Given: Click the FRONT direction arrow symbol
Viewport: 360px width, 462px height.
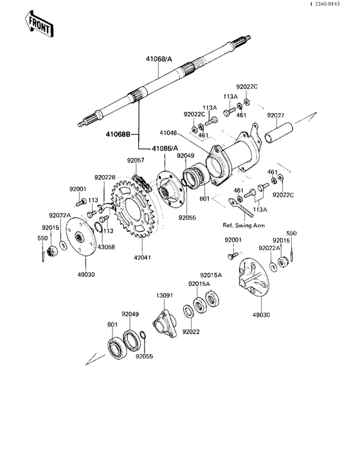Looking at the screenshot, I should (x=39, y=24).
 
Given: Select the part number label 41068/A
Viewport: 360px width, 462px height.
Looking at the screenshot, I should (x=159, y=59).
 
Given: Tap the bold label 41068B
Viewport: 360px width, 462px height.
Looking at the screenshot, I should (x=118, y=135).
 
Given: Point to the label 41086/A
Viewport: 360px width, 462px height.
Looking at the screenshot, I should (x=165, y=148).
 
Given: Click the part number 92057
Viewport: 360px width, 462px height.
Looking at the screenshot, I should (x=136, y=160).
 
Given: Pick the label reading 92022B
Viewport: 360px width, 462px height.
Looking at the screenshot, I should (x=105, y=178).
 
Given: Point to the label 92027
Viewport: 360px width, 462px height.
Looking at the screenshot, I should (x=277, y=116).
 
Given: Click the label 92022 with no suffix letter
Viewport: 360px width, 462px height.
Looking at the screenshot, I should (x=191, y=332).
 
